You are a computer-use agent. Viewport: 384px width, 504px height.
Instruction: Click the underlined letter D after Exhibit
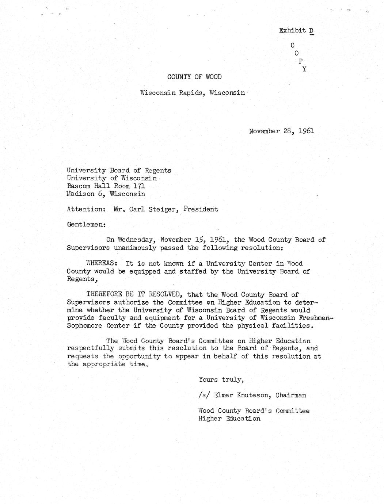tap(311, 31)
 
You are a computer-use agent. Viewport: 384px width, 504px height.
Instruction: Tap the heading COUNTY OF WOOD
tap(194, 77)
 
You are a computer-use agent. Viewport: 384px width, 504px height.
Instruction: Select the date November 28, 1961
tap(281, 131)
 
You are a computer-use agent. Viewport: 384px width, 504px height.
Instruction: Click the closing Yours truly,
tap(221, 380)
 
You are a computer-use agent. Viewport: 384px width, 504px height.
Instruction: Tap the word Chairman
tap(291, 396)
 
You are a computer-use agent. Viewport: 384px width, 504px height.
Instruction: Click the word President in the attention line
tap(201, 210)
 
